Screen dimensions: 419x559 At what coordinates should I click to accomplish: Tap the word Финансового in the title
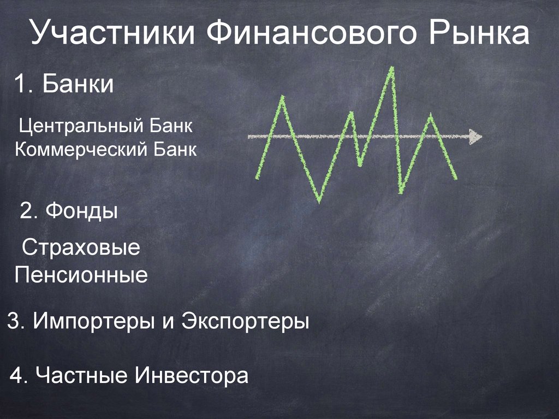tap(310, 34)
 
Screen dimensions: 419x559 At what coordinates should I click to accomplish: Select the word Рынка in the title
tap(480, 34)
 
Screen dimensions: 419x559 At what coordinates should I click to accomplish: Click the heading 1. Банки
tap(64, 86)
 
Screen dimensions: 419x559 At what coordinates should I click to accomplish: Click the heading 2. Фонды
tap(69, 210)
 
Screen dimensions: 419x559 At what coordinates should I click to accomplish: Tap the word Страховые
tap(81, 249)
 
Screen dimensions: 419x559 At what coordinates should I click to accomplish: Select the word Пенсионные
tap(81, 274)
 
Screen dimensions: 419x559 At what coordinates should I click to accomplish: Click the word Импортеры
tap(94, 321)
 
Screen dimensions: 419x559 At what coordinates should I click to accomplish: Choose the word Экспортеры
tap(245, 321)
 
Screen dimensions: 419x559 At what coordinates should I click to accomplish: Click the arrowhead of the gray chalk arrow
tap(476, 137)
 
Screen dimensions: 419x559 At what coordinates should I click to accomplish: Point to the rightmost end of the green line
tap(456, 178)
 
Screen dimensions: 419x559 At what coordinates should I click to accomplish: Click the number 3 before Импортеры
tap(13, 321)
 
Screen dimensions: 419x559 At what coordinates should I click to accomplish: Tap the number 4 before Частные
tap(16, 376)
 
